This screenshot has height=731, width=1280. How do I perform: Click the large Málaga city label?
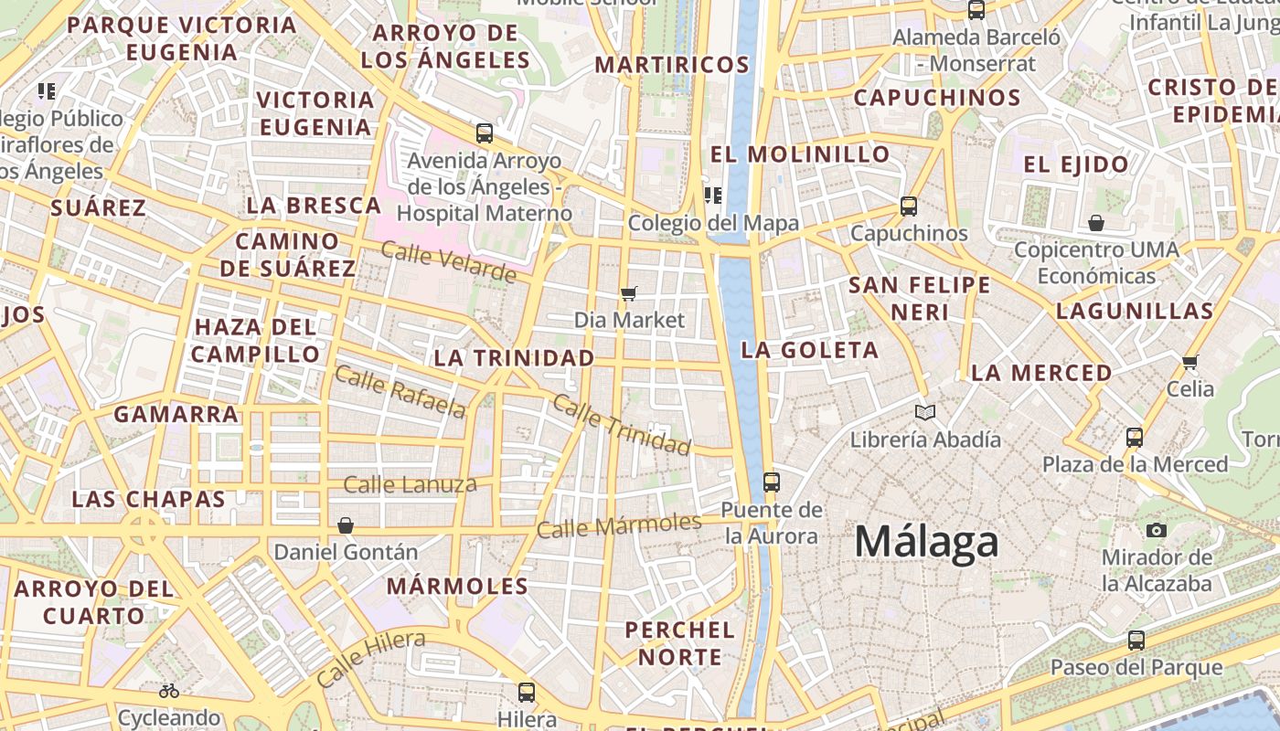tap(926, 542)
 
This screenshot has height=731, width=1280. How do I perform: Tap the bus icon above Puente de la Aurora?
tap(772, 482)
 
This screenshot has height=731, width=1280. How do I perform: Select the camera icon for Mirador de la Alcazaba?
tap(1157, 530)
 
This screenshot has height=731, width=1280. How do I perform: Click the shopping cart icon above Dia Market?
tap(628, 293)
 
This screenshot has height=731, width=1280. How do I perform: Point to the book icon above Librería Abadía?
tap(925, 412)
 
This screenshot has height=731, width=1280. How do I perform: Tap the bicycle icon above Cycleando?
tap(169, 691)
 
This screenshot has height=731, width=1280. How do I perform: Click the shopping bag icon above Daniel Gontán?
tap(346, 525)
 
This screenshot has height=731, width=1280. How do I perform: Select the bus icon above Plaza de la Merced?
tap(1135, 437)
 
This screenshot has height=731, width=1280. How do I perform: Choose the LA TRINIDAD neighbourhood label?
tap(514, 358)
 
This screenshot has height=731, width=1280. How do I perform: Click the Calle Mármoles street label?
tap(618, 525)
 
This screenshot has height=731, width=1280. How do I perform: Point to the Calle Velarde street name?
tap(448, 261)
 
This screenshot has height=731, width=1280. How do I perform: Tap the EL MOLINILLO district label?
tap(800, 154)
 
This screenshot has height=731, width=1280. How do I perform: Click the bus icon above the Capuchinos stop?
tap(908, 207)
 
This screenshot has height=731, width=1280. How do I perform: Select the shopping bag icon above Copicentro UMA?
tap(1095, 223)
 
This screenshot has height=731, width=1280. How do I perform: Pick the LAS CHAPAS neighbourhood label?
tap(148, 500)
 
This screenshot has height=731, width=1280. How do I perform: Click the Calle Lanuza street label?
tap(410, 484)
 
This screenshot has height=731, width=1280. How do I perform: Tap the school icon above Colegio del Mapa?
tap(713, 195)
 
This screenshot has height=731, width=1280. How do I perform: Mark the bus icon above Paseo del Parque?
tap(1136, 640)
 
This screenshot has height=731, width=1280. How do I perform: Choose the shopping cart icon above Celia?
tap(1189, 362)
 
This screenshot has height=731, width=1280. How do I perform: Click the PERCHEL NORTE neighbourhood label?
tap(680, 643)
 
